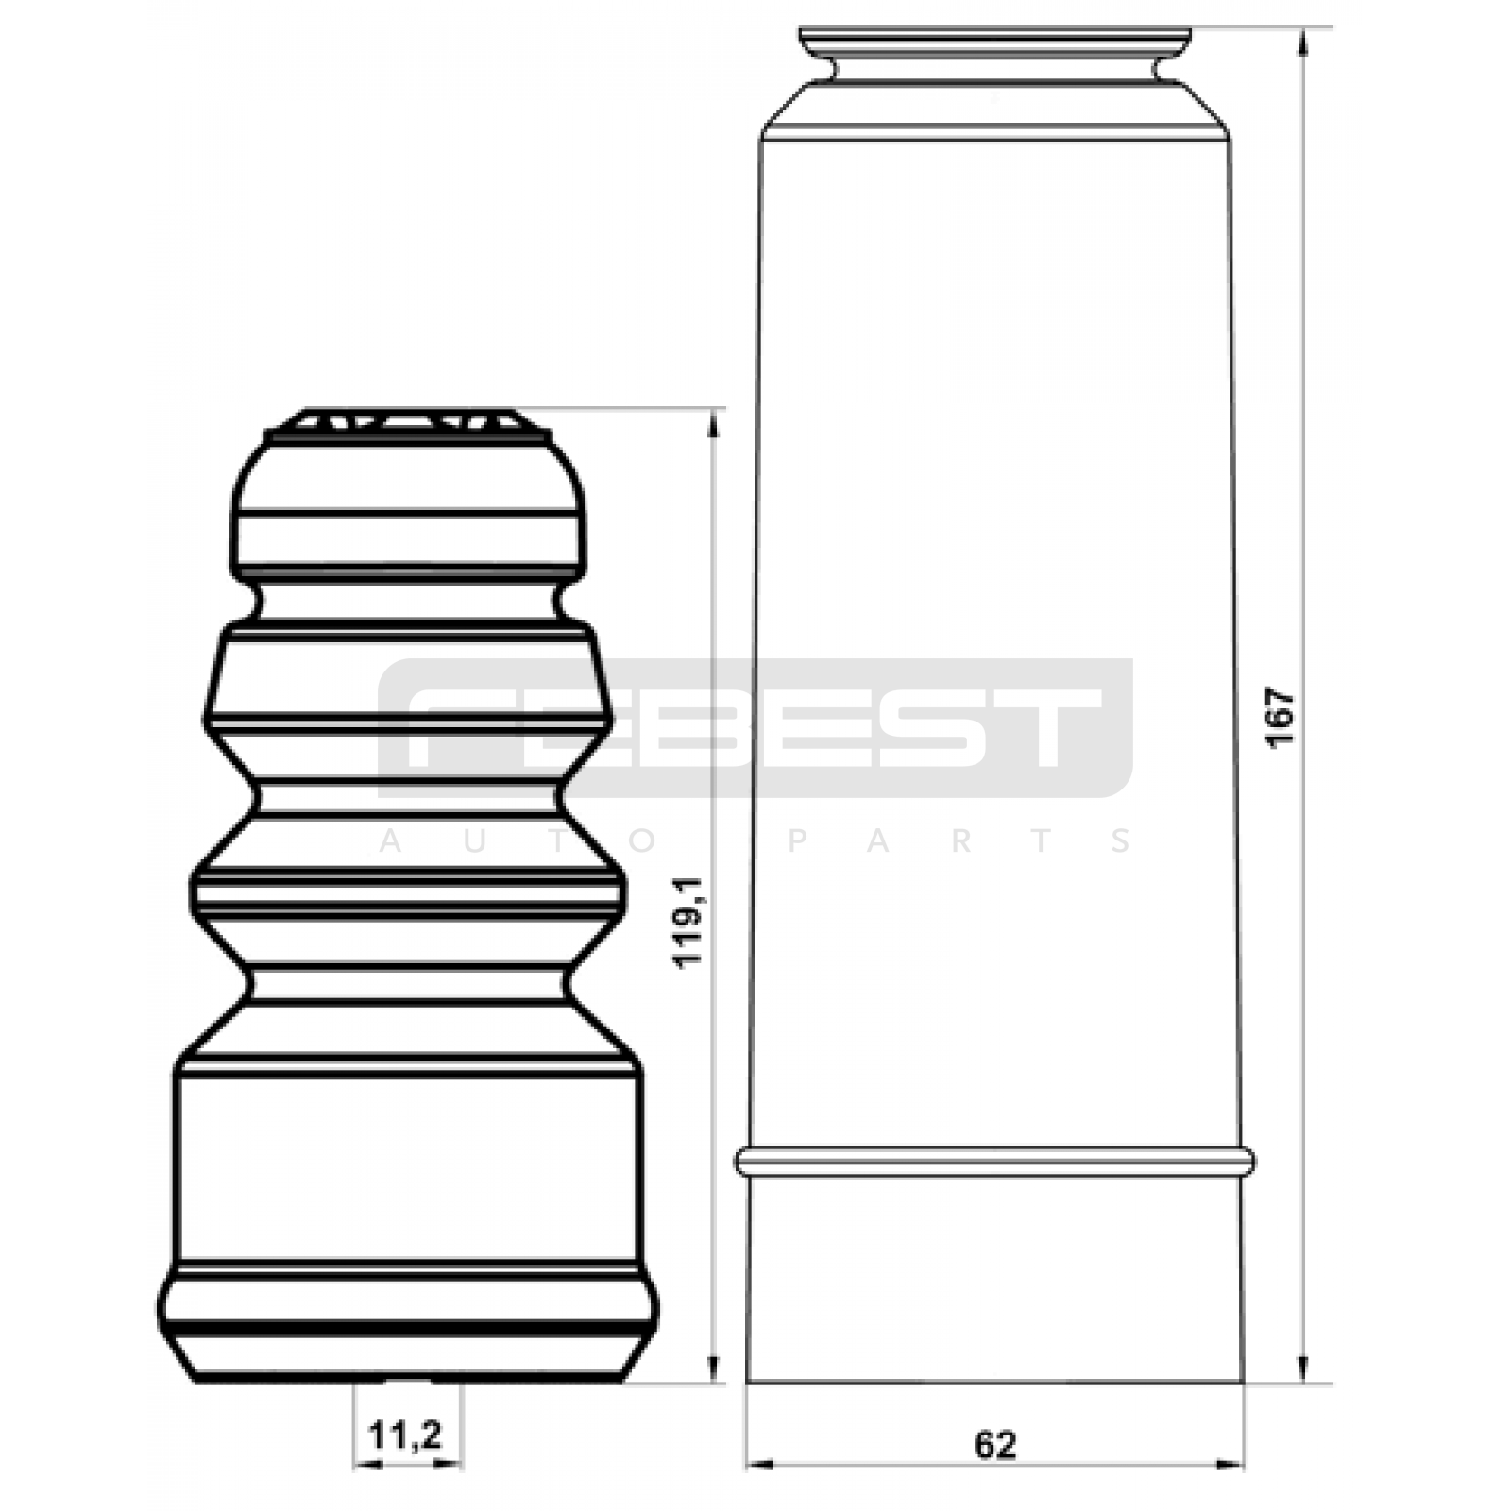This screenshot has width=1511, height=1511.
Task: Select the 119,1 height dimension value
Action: click(x=690, y=920)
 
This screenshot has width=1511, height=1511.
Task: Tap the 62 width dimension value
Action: click(x=994, y=1445)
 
